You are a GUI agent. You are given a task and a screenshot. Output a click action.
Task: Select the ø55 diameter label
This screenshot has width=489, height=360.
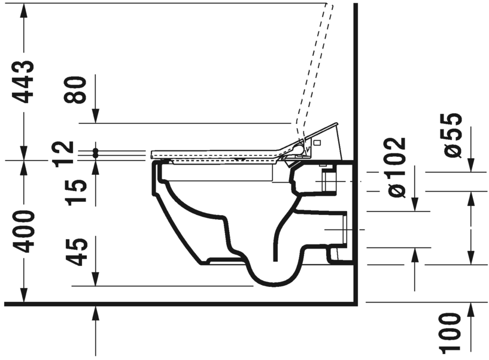pyautogui.click(x=452, y=135)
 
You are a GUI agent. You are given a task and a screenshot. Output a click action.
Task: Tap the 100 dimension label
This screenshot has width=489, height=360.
pyautogui.click(x=452, y=332)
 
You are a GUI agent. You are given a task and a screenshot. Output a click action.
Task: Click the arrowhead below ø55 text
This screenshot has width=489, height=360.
pyautogui.click(x=470, y=166)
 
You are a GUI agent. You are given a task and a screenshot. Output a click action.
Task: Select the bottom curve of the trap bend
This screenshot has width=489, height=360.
pyautogui.click(x=272, y=282)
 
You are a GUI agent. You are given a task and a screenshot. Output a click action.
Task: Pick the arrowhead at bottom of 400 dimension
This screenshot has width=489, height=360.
pyautogui.click(x=24, y=296)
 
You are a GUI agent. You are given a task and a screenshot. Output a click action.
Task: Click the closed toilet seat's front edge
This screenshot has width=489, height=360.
pyautogui.click(x=153, y=155)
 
